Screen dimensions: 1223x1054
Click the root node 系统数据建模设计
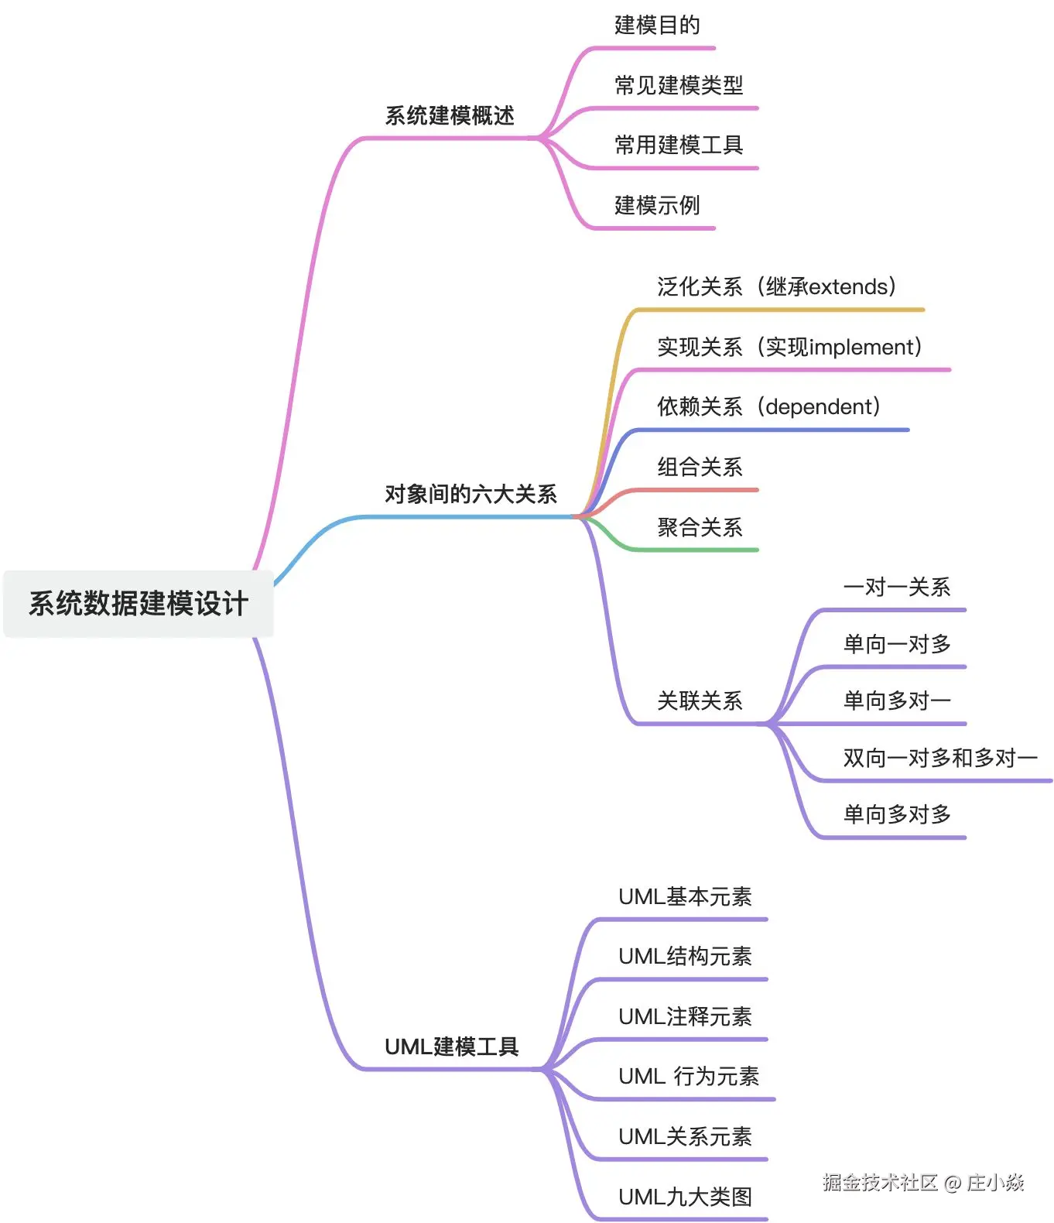tap(139, 604)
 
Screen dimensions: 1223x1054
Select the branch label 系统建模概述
tap(450, 116)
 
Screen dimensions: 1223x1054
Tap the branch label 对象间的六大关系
tap(471, 494)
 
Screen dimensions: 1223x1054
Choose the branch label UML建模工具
tap(451, 1047)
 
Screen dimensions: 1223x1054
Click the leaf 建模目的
tap(657, 26)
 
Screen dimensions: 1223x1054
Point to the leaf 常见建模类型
tap(679, 85)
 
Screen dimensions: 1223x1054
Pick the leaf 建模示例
tap(657, 205)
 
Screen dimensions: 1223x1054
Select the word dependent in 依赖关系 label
tap(819, 407)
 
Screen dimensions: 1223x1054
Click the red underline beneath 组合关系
tap(696, 490)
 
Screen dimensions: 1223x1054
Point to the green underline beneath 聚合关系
tap(696, 550)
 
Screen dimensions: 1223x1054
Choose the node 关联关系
tap(700, 701)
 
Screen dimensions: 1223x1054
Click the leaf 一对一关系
tap(896, 588)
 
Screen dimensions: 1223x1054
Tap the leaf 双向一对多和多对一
tap(939, 758)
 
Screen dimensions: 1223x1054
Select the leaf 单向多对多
tap(896, 814)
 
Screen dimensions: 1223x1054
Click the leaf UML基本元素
tap(685, 896)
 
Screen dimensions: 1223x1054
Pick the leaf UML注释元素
tap(685, 1016)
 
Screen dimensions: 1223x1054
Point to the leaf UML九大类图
tap(685, 1197)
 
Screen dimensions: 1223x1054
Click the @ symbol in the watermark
tap(953, 1183)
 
